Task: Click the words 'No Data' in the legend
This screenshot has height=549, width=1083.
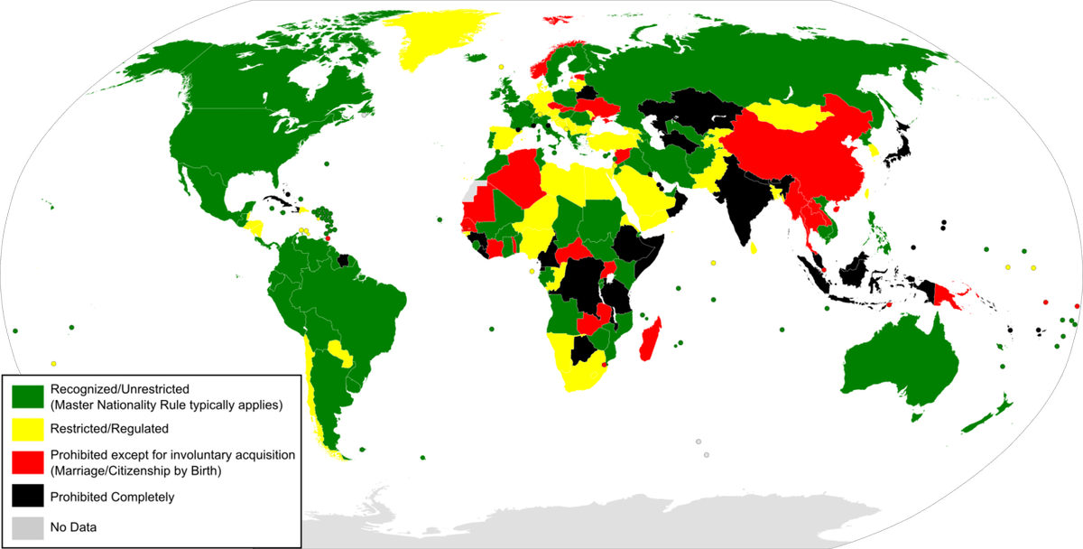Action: pyautogui.click(x=73, y=526)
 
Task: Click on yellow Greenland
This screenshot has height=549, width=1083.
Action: pyautogui.click(x=433, y=41)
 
